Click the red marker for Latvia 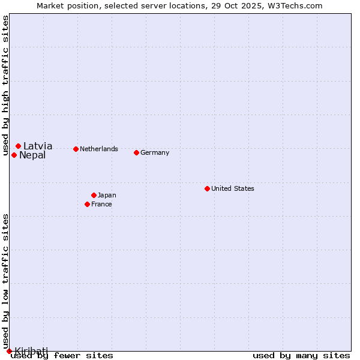point(19,146)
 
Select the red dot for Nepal point(14,155)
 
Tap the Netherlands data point point(76,149)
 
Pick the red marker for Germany point(136,152)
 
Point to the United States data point point(207,188)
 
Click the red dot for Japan point(94,195)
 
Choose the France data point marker point(87,204)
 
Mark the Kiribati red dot point(9,351)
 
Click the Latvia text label point(38,146)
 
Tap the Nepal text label point(32,155)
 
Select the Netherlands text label point(99,149)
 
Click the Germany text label point(155,152)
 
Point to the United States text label point(233,188)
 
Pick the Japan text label point(107,195)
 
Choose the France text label point(101,204)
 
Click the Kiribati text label point(31,350)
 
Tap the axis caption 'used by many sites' point(301,355)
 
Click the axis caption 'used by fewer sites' point(62,355)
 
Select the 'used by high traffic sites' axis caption point(5,86)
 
